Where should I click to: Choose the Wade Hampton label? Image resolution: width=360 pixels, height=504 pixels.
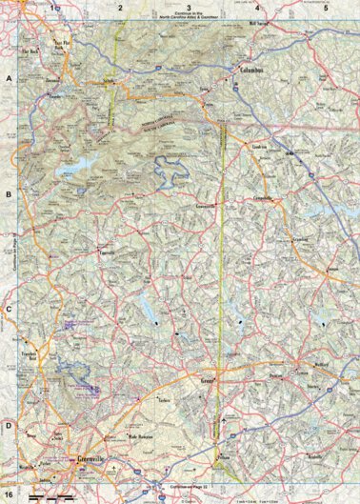point(140,436)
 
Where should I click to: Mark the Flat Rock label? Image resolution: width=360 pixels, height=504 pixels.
point(29,51)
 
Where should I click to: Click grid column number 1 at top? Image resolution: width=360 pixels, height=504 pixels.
point(54,7)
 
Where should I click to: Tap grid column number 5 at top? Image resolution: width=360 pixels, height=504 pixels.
point(325,7)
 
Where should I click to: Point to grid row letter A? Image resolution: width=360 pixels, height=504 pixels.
point(9,80)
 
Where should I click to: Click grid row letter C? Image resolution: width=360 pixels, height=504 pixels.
point(9,310)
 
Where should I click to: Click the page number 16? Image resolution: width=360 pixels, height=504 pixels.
point(10,496)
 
